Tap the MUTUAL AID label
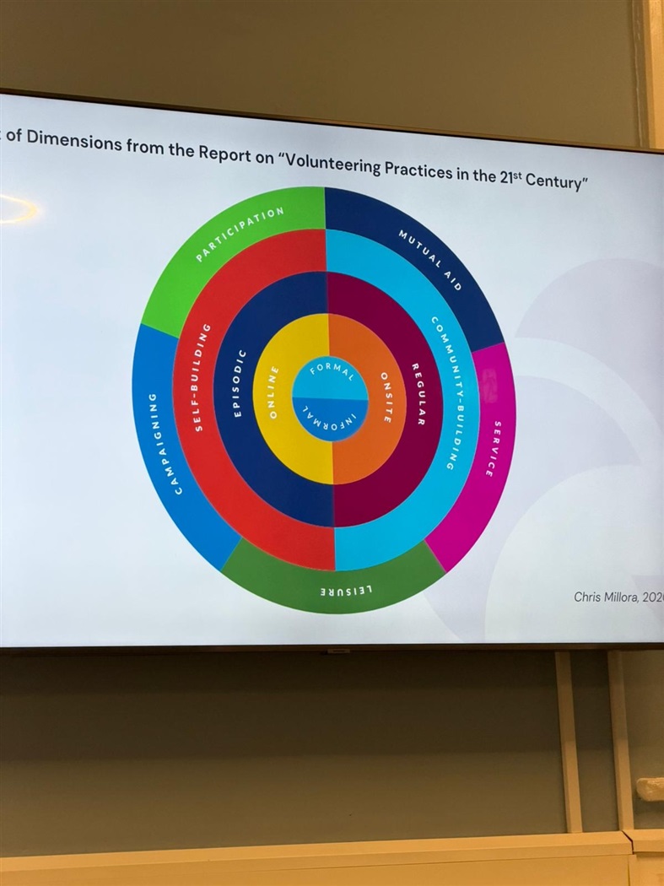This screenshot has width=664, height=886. [430, 257]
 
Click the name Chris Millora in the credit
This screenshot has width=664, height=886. [605, 597]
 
